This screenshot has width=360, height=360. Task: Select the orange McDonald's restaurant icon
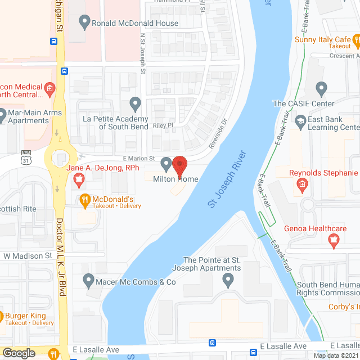tap(85, 199)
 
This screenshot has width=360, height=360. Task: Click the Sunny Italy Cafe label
tap(323, 40)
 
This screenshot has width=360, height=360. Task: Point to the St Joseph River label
tap(228, 179)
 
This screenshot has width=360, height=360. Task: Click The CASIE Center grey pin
tap(321, 88)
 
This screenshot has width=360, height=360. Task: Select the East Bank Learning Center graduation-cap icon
tap(301, 120)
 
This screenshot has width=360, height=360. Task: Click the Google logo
tap(18, 353)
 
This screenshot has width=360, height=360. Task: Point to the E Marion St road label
tap(134, 159)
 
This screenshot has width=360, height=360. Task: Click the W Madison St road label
tap(28, 256)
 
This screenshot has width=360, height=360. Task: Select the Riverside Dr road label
tap(217, 133)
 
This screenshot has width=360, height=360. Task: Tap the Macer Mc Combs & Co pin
tap(88, 279)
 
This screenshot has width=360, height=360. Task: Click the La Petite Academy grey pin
tap(135, 104)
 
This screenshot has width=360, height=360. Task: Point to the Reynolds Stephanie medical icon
tap(302, 183)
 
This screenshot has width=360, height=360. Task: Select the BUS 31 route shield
tap(26, 160)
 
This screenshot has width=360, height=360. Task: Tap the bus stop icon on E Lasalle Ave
tap(213, 343)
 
